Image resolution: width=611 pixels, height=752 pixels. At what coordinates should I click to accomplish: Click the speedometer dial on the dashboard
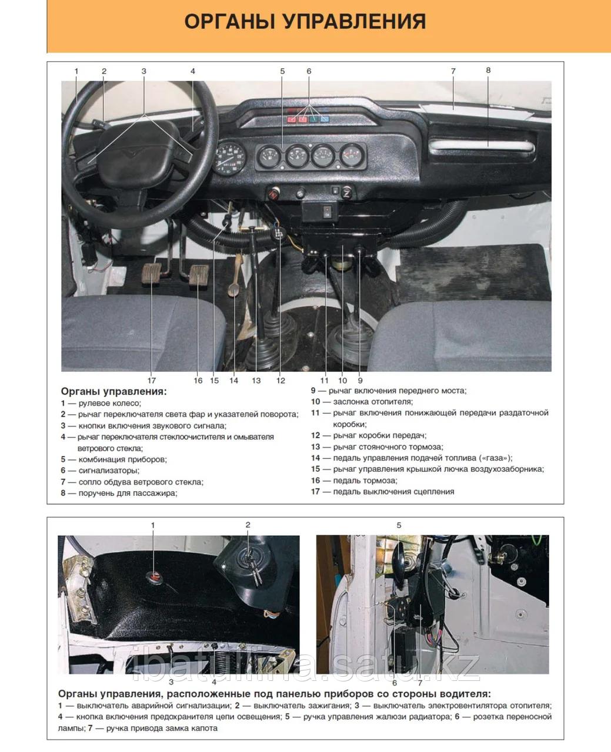pos(229,158)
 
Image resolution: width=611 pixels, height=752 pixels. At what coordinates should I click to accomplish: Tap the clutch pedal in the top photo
pos(152,273)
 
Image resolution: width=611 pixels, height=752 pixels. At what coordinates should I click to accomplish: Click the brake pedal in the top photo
pos(199,275)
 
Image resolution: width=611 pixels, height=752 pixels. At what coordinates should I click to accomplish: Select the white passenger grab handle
pos(481,145)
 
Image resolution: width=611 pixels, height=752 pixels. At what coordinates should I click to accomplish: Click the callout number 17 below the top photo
pos(152,381)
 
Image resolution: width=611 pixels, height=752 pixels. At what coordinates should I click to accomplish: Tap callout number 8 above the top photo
pos(488,70)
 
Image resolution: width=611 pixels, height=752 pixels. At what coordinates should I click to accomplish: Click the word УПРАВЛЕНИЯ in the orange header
pos(355,22)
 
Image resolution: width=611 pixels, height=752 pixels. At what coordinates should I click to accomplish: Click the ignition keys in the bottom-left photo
pos(256,572)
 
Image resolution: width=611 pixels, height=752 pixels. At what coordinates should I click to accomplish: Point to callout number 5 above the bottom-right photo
pos(399,525)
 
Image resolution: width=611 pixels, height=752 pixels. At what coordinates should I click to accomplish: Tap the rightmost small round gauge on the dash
pos(352,155)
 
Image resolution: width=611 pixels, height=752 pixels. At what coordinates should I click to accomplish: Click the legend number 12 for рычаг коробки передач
pos(315,435)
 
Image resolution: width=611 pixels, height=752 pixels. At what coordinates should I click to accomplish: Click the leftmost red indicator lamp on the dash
pos(292,119)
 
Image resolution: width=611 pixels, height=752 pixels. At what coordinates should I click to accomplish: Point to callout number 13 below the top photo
pos(256,381)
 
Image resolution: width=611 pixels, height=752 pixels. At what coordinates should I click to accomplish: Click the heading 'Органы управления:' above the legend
pos(113,391)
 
